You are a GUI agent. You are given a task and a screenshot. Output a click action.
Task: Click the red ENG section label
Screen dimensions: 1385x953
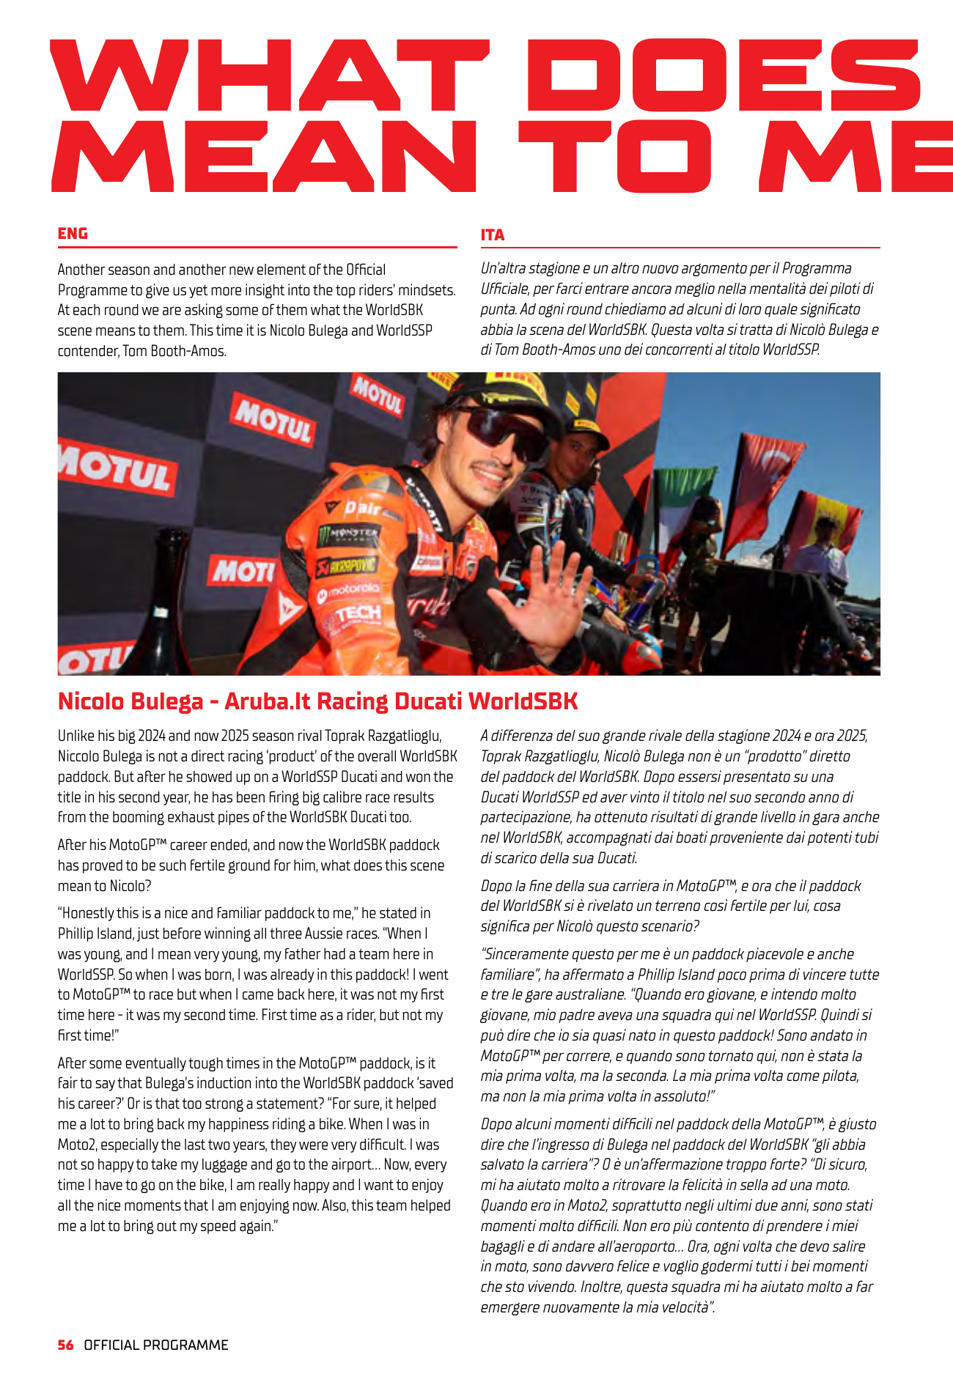pyautogui.click(x=73, y=233)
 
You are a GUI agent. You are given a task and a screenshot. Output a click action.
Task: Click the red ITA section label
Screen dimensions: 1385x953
pyautogui.click(x=493, y=235)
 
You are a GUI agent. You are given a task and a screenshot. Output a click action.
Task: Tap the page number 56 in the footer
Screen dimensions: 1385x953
pyautogui.click(x=66, y=1345)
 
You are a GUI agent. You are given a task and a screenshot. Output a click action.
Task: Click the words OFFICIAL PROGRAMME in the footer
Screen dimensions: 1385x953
pyautogui.click(x=156, y=1345)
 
